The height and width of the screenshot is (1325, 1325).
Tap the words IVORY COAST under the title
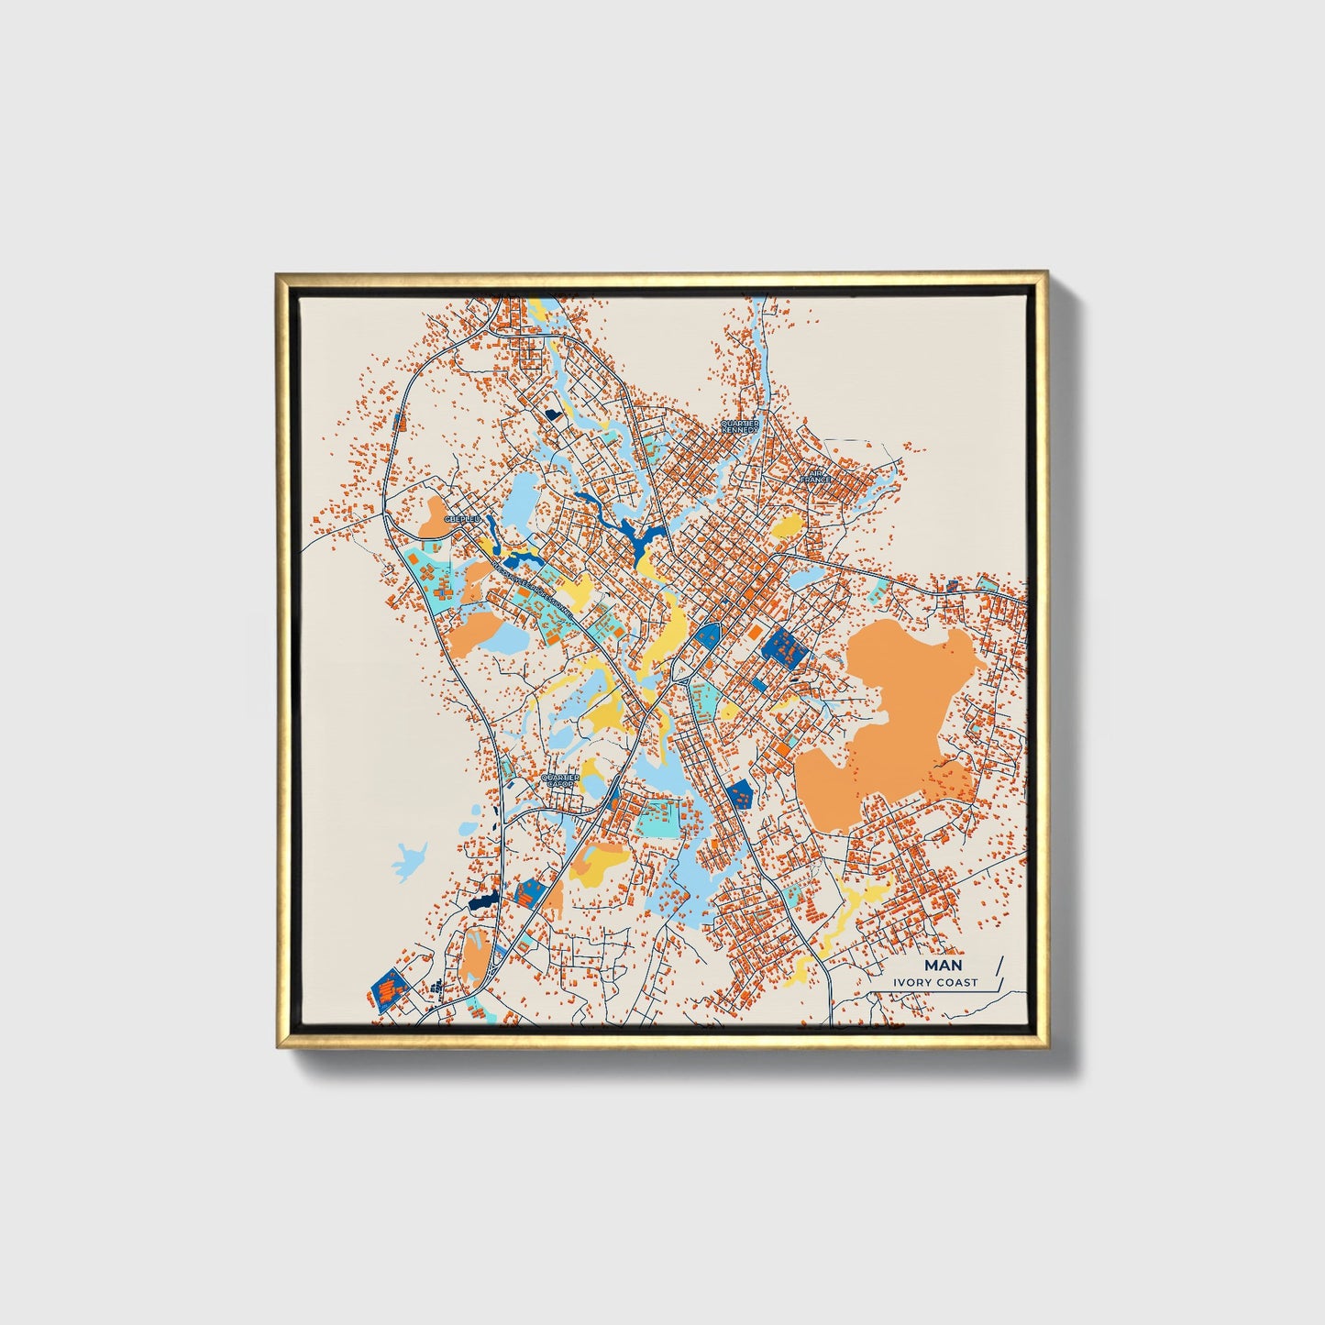(936, 983)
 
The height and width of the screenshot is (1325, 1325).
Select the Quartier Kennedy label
(740, 426)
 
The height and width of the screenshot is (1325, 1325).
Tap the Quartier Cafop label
(561, 780)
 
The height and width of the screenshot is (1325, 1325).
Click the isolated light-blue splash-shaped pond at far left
(409, 860)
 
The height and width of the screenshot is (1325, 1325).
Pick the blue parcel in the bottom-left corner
(390, 988)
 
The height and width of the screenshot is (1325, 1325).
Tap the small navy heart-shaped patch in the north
(552, 414)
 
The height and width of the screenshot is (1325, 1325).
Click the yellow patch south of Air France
(787, 526)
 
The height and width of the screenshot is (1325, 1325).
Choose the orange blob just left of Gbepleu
(431, 516)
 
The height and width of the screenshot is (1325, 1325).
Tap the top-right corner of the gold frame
(1044, 273)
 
